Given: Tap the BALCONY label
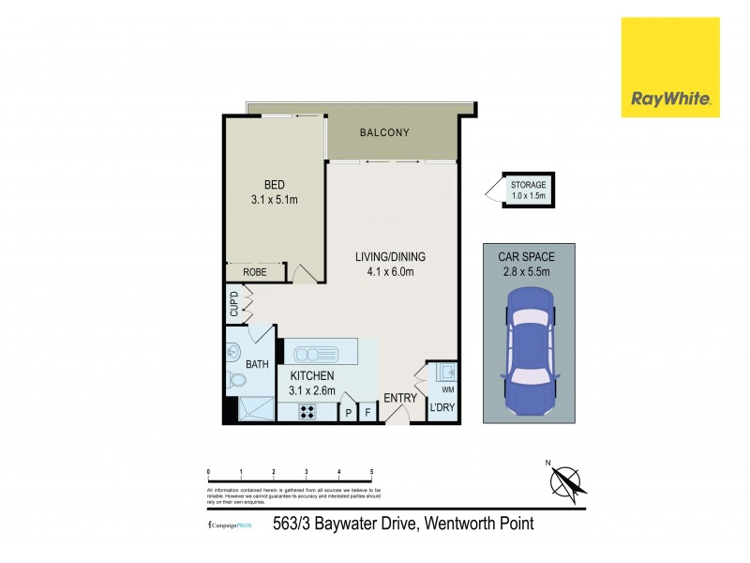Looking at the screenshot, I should coord(384,133).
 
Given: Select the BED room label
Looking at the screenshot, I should coord(275,184).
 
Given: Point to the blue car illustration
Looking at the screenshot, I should coord(530,355).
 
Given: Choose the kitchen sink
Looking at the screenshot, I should coord(310,354).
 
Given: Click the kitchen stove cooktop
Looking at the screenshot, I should coord(307,412).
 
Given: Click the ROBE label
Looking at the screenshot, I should coord(254,272).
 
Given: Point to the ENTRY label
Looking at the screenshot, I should coord(400,399).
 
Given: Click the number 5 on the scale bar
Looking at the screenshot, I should coord(372,471).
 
